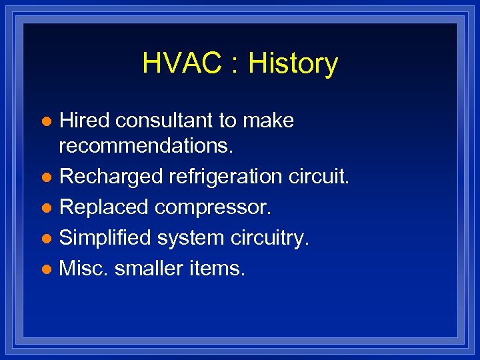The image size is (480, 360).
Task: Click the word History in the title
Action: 293,64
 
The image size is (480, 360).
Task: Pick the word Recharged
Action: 111,177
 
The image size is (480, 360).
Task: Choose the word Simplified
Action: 105,238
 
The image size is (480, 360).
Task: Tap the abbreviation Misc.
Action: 83,269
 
